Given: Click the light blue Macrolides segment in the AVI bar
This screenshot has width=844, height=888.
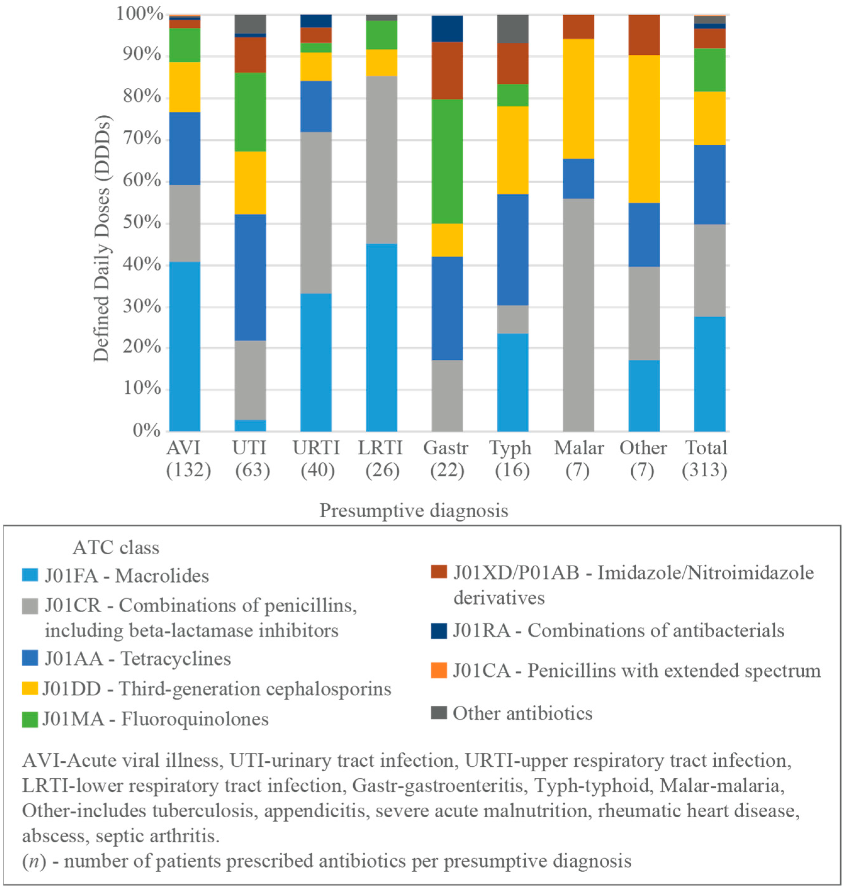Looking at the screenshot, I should [184, 346].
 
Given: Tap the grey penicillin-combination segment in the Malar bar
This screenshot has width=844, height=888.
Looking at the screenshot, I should [578, 315].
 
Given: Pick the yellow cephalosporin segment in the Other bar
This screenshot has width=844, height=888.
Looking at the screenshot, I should [644, 129].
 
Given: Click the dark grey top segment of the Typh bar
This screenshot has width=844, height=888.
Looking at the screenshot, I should [512, 28].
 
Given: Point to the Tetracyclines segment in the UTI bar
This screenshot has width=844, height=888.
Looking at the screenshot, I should [250, 277].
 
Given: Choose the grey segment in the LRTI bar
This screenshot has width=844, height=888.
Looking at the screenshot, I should [382, 160].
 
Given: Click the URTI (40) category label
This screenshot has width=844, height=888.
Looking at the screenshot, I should [316, 458].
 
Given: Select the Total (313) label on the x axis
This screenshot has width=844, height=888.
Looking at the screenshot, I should [706, 458].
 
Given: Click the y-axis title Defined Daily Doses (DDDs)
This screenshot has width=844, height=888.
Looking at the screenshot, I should [102, 238].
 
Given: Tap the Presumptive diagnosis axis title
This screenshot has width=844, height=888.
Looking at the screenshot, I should [413, 511].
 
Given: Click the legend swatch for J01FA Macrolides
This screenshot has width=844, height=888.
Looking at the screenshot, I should [30, 575].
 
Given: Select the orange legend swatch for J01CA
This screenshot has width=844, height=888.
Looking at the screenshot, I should [439, 670].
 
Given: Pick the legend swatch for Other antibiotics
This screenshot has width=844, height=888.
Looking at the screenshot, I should [439, 713].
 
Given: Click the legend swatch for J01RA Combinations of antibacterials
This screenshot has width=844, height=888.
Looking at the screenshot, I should [439, 630].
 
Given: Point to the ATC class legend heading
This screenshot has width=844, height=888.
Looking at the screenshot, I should [116, 548].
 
